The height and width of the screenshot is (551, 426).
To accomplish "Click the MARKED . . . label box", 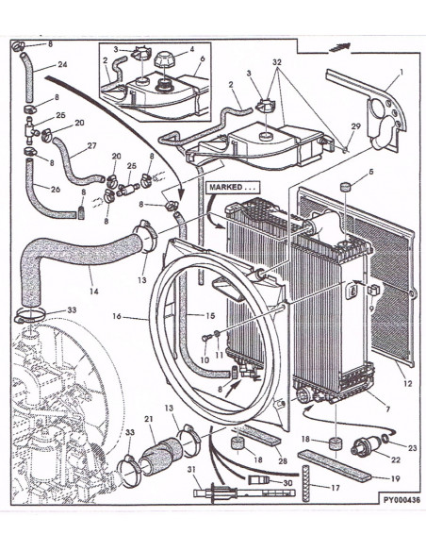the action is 234,188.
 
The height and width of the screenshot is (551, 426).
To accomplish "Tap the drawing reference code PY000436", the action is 401,500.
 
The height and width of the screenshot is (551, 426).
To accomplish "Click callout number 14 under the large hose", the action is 93,291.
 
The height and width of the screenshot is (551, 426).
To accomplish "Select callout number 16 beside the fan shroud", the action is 117,316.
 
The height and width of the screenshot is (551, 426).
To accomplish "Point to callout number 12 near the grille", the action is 407,384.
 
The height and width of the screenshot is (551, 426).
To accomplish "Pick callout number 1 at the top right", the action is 401,72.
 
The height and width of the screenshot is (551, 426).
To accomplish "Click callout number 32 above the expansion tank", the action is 277,62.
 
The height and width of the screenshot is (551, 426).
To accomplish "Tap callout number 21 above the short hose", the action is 149,419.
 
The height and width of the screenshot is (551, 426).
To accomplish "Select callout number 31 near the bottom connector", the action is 191,470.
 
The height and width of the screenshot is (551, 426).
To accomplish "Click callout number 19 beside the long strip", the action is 395,478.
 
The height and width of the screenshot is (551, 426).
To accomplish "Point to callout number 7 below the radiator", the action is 387,409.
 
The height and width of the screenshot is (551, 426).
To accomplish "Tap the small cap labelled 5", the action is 346,186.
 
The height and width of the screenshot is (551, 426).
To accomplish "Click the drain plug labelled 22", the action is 364,445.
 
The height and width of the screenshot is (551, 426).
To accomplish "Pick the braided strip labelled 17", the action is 306,483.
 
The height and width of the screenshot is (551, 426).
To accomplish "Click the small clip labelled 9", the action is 373,291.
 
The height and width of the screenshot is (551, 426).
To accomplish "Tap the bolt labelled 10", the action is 206,338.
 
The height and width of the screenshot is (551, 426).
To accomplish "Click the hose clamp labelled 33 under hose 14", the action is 29,315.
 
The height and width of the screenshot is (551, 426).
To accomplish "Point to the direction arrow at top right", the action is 339,47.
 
